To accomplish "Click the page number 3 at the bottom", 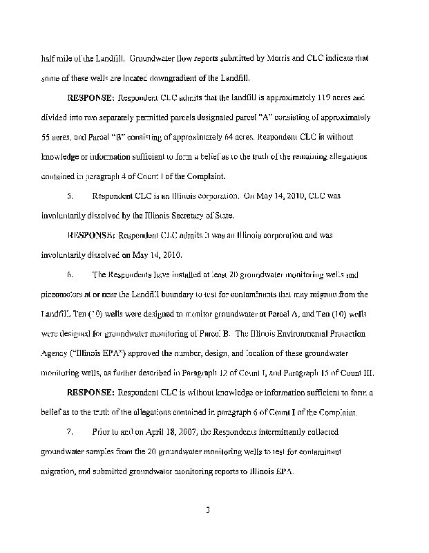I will (207, 511).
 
